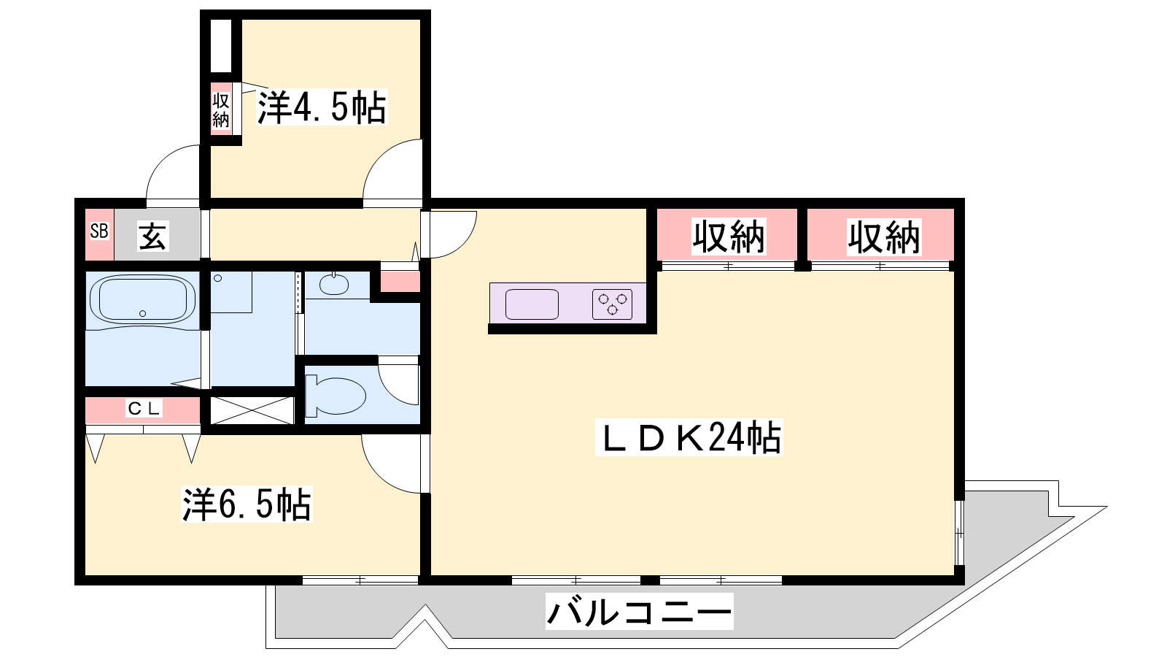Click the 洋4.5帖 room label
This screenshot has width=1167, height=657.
coord(322,107)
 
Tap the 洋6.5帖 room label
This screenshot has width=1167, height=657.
coord(247,504)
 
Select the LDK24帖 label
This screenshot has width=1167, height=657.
coord(689,437)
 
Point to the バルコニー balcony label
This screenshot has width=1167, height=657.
coord(639,612)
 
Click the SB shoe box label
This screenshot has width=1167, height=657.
coord(99,231)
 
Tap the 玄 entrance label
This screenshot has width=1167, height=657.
coord(152,237)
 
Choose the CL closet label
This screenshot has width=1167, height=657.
coord(144,408)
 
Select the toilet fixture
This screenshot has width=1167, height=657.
coord(335,396)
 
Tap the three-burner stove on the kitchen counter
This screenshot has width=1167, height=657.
coord(612,304)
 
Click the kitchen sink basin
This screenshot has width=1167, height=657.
coord(532,304)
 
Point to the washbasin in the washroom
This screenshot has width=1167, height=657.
coord(334,284)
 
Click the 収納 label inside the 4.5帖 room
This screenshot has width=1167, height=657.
coord(221,110)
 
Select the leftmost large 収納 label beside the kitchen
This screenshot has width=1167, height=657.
coord(729,237)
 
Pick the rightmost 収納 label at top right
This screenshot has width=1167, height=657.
coord(884,237)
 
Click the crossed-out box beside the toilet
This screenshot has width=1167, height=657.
coord(252,410)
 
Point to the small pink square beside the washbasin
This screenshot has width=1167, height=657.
coord(400,282)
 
